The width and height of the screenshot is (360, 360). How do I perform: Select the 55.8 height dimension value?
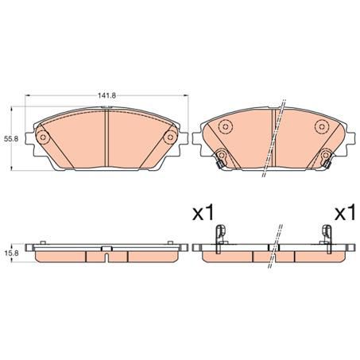coord(10,139)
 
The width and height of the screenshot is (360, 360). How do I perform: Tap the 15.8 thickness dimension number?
coord(10,253)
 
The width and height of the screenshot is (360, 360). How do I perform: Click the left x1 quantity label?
coord(204,213)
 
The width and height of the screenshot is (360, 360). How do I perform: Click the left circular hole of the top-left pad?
coord(45,138)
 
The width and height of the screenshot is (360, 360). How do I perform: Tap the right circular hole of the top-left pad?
coord(168,138)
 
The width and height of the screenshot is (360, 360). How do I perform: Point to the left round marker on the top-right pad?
coord(225,126)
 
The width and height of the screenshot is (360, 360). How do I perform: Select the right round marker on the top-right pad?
coord(321,126)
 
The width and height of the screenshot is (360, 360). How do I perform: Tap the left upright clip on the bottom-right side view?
coord(222,234)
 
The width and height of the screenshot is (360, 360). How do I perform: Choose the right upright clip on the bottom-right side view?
coord(325,234)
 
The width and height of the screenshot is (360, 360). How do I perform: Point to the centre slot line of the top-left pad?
coord(106,138)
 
